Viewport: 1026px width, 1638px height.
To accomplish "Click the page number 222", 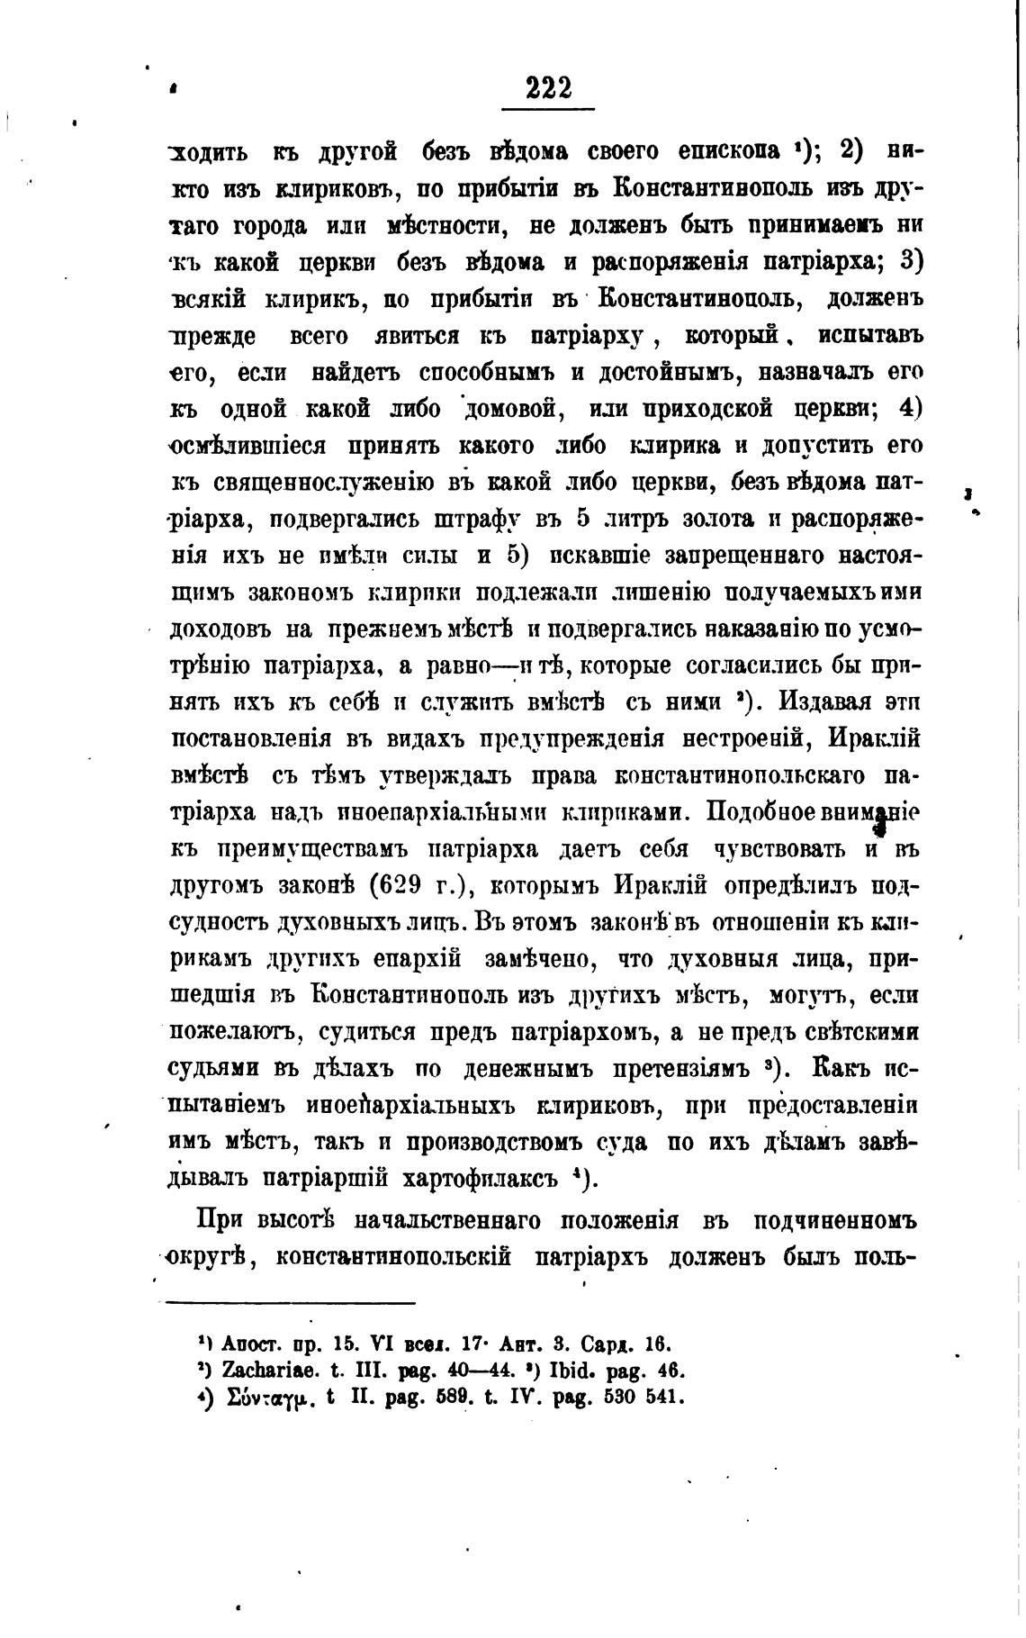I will (548, 88).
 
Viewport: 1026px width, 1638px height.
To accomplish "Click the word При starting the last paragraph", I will (221, 1220).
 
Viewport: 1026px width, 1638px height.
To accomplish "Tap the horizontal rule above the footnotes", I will (292, 1302).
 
